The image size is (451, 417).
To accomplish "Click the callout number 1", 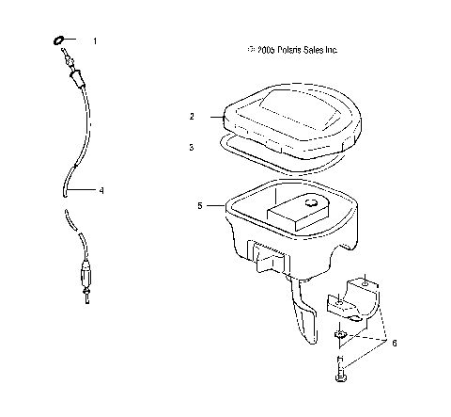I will (94, 41).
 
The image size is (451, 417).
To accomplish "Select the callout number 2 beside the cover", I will (192, 118).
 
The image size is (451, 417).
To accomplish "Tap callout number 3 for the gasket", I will (192, 147).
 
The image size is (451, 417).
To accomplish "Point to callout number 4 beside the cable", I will (101, 191).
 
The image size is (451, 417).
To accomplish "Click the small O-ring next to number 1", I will (57, 40).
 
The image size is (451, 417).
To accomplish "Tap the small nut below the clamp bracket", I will (339, 336).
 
